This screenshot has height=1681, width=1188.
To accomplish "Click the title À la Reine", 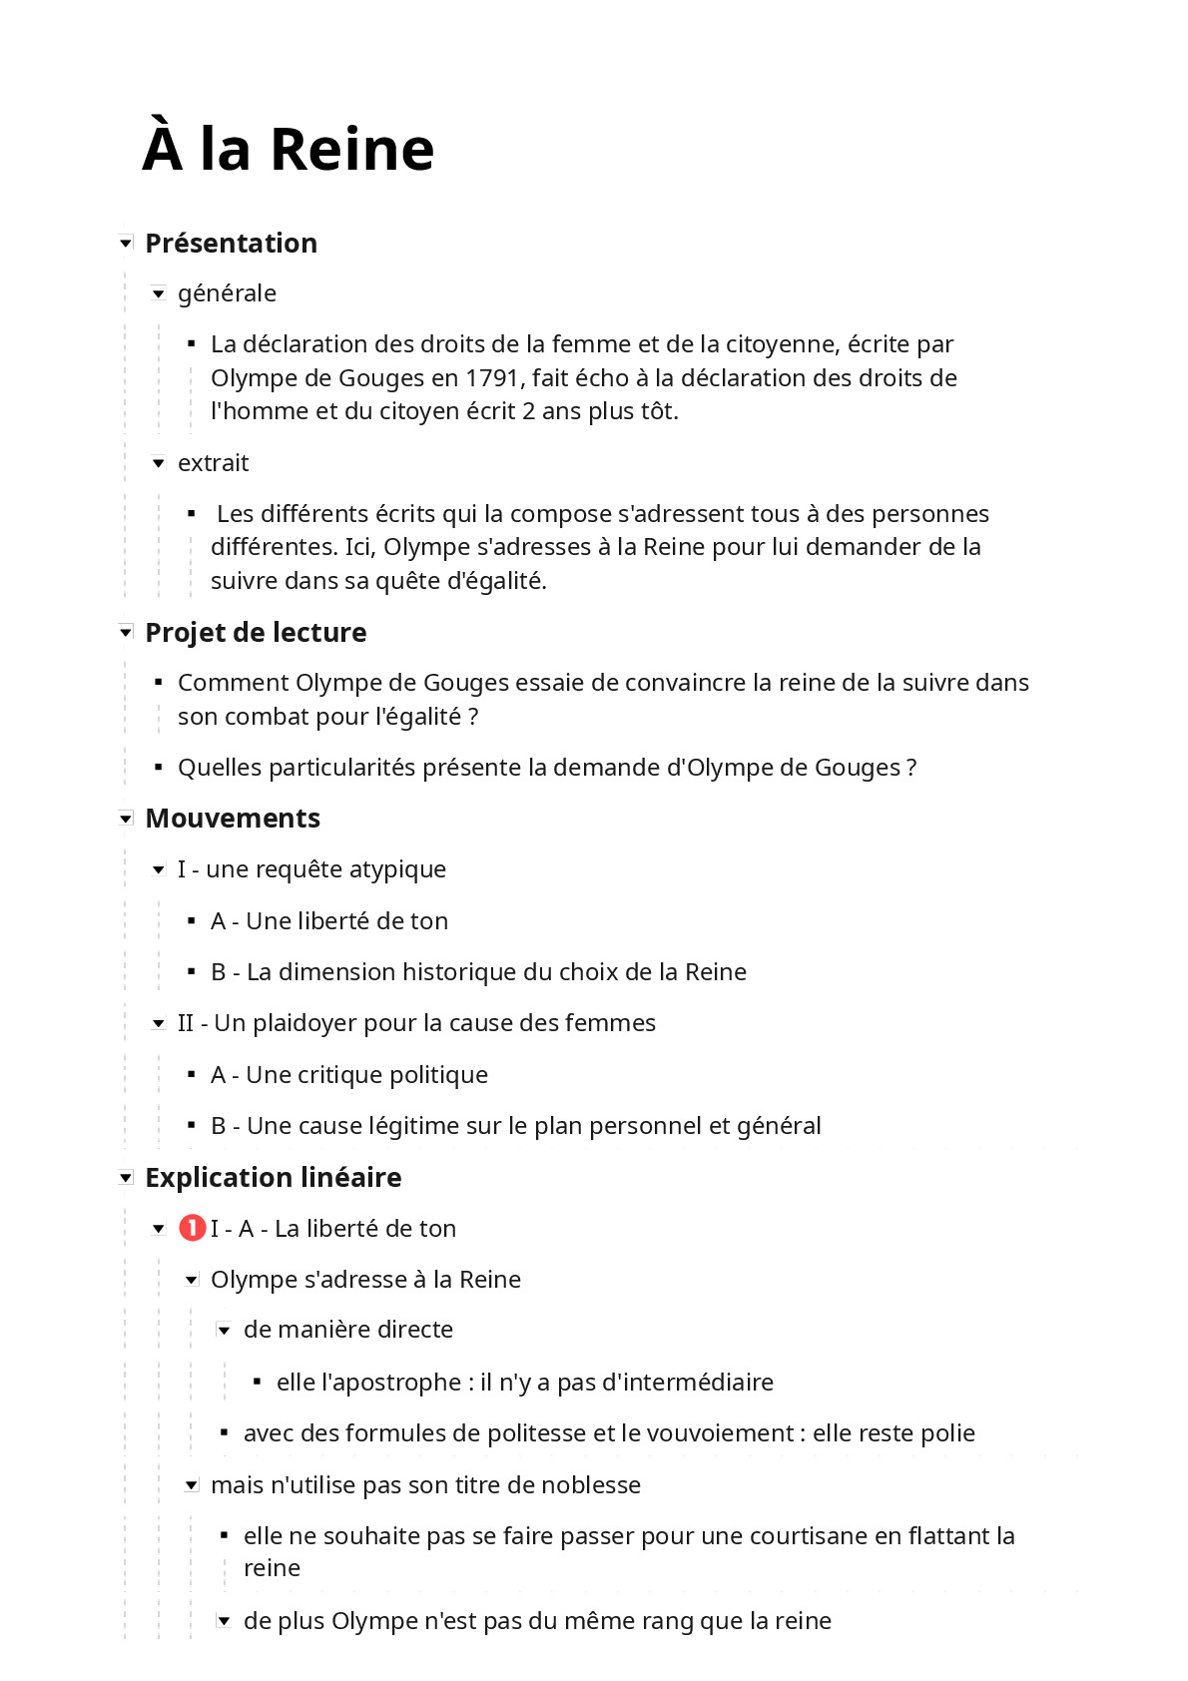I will coord(289,150).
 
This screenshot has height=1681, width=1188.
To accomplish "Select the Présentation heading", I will coord(231,244).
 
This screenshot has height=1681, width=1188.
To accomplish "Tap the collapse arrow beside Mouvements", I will coord(126,819).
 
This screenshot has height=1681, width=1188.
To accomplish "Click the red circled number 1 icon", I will coord(192,1228).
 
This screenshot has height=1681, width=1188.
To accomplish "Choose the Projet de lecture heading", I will coord(256,633).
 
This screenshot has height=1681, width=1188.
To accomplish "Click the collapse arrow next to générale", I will coord(158,293).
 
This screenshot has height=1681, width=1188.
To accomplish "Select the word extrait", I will coord(213,463).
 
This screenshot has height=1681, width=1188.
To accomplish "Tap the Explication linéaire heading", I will coord(273,1178).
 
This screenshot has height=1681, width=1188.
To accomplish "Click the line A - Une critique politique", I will coord(348,1075).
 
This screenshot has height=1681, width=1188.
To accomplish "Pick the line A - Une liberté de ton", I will coord(328,921).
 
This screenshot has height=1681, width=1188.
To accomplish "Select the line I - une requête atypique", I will coord(310,869).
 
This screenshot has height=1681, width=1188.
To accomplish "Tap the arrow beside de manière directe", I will coord(225,1330).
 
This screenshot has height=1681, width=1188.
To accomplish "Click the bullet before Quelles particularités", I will coord(158,768).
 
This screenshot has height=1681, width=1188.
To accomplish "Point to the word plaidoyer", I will coord(304,1023).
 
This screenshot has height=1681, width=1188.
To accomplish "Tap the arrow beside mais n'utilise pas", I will coord(192,1485).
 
